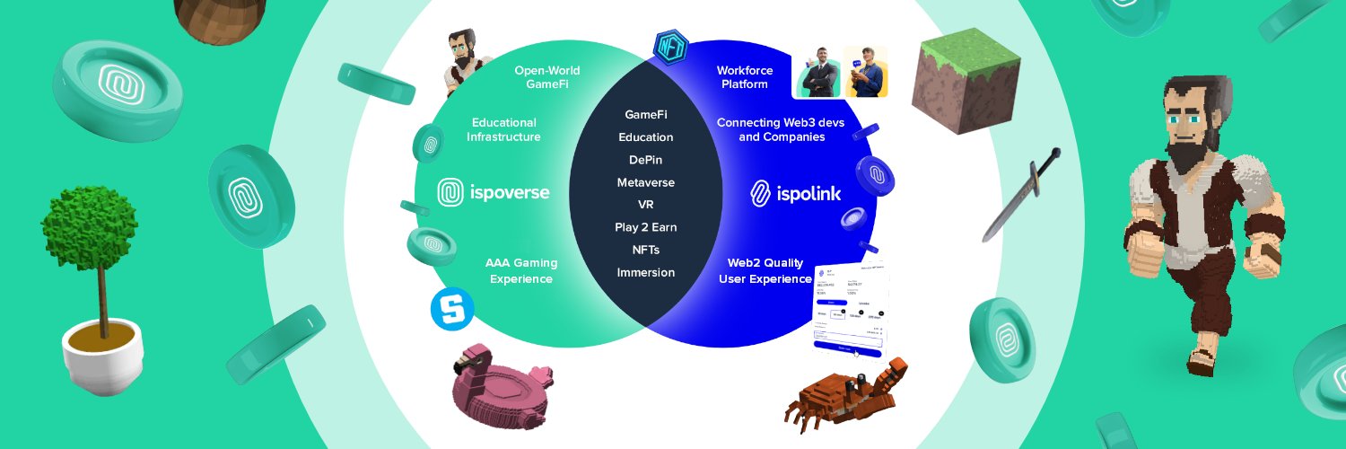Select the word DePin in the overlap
(645, 160)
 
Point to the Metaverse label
(645, 182)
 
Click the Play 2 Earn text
(645, 227)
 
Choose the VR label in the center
(645, 205)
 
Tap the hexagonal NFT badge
(670, 47)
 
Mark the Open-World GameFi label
(546, 77)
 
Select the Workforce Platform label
(742, 77)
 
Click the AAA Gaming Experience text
(520, 270)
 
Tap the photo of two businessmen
(841, 72)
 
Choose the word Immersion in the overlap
(645, 272)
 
